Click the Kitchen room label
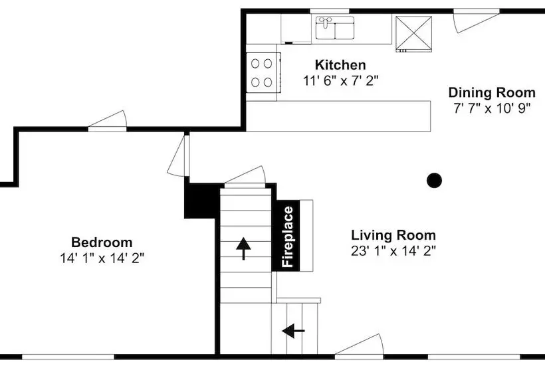click(340, 65)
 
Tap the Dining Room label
click(492, 93)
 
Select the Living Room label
click(393, 235)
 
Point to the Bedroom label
click(102, 242)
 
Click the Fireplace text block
click(288, 236)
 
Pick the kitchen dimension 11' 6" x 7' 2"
click(340, 81)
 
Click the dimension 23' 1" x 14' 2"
click(393, 250)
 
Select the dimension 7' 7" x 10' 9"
click(492, 108)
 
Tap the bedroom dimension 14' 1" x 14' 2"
click(102, 258)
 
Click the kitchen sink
click(335, 27)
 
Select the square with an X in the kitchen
click(413, 34)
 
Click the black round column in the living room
click(434, 180)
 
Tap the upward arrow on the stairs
click(243, 248)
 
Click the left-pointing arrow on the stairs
click(293, 331)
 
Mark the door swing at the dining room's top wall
click(475, 21)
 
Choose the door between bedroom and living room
click(179, 155)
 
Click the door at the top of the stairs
click(245, 177)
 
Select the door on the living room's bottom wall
click(359, 346)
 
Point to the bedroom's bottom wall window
click(68, 357)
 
